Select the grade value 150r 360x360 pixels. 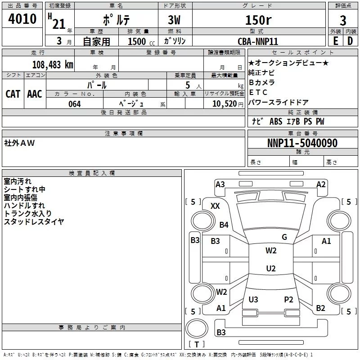258,20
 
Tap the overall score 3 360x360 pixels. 343,21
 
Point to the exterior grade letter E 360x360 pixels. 335,40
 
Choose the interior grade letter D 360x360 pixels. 350,40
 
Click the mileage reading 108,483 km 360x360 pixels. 53,64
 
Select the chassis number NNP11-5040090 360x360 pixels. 302,143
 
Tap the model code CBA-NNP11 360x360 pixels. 258,41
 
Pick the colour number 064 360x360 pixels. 75,104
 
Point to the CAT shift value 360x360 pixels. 13,94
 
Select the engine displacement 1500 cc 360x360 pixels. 139,41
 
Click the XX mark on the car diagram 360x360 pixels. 215,206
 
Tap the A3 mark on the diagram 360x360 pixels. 220,184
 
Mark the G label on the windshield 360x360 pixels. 284,237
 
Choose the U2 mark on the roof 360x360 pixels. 270,269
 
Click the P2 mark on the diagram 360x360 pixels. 288,299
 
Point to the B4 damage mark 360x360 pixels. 224,225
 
